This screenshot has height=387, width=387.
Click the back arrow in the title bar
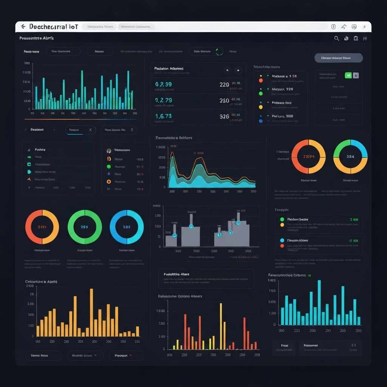coord(23,27)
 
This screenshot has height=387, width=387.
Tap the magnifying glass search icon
coord(337,38)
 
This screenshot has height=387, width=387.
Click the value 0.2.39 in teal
coord(163,84)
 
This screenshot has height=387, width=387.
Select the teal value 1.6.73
coord(163,116)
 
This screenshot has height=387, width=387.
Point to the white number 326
coord(224,116)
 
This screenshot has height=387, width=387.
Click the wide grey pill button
coord(338,58)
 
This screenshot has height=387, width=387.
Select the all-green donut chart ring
coord(85,227)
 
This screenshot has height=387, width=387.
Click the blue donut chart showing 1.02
coord(127,227)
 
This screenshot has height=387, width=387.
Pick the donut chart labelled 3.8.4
coord(350,156)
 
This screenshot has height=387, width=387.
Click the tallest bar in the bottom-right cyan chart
coord(319,302)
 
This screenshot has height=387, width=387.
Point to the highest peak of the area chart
coord(172,153)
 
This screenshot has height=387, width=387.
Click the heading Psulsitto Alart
coord(176,274)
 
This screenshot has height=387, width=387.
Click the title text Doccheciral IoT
coord(53,27)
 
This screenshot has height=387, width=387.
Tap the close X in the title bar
coord(364,27)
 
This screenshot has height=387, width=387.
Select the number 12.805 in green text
coord(353,240)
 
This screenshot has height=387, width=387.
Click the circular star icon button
coord(227,70)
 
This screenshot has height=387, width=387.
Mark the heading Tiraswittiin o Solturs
coord(173,138)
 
